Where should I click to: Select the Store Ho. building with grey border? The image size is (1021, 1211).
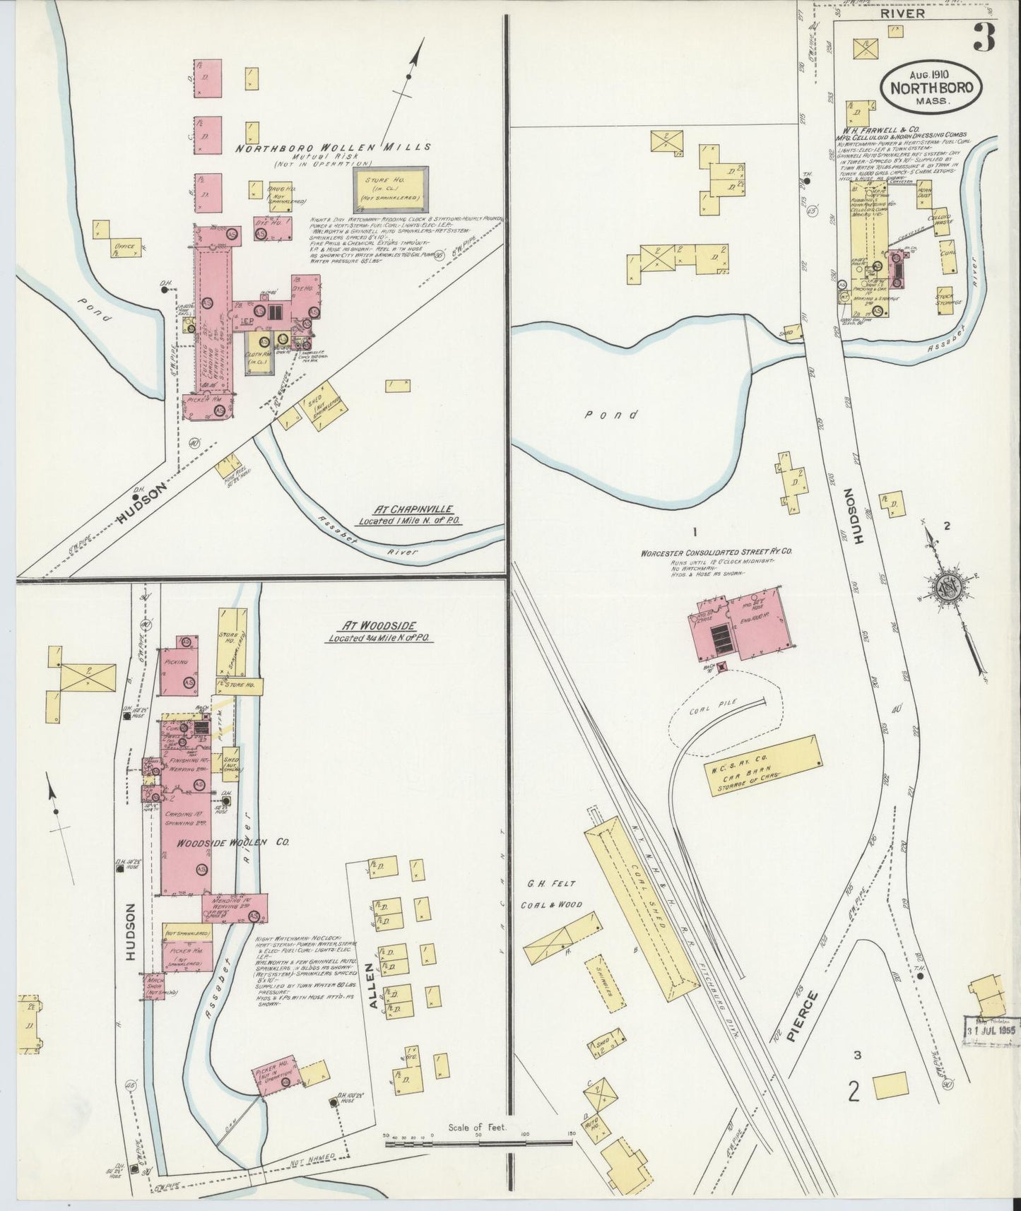point(391,189)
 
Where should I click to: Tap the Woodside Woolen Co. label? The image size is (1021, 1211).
point(225,843)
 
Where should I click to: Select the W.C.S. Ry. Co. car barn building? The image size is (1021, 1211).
point(764,767)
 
